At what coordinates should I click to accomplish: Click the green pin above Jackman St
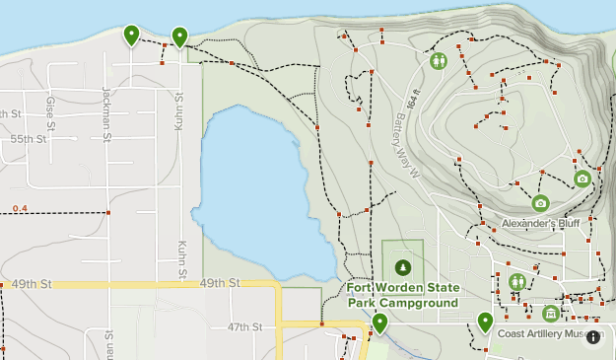(x=131, y=35)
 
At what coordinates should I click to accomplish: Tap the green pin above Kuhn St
(x=179, y=36)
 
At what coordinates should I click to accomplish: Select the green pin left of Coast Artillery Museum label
(x=485, y=322)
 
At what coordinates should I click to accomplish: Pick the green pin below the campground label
(x=379, y=323)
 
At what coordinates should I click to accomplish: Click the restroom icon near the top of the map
(x=439, y=61)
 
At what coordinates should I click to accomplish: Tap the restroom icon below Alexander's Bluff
(x=517, y=282)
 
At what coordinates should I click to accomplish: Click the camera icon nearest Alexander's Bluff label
(x=540, y=203)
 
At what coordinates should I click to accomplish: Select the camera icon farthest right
(x=582, y=179)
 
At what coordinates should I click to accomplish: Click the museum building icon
(x=551, y=314)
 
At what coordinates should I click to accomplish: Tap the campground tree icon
(x=402, y=266)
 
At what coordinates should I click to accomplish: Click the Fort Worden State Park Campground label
(x=403, y=295)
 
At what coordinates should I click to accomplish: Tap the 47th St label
(x=244, y=326)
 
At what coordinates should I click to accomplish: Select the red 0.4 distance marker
(x=20, y=208)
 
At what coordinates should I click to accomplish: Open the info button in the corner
(x=593, y=337)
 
